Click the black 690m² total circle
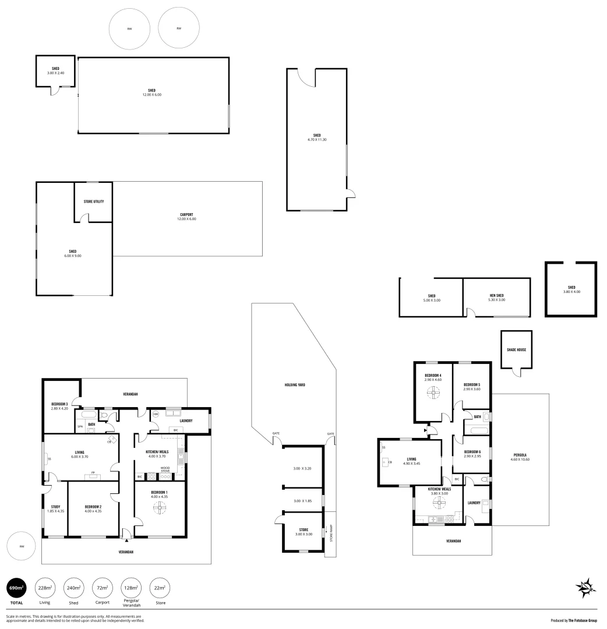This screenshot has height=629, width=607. (16, 588)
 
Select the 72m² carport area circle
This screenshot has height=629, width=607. (103, 588)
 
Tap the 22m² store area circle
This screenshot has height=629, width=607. (160, 588)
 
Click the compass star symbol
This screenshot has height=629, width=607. (585, 588)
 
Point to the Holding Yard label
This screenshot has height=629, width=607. (295, 385)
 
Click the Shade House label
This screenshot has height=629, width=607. (517, 349)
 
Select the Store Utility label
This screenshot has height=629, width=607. (94, 202)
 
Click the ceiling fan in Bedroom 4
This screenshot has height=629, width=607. (433, 394)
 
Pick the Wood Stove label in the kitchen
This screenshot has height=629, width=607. (165, 469)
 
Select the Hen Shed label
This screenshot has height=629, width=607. (497, 298)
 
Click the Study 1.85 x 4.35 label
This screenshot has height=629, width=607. (55, 508)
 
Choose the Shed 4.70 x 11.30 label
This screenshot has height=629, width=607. (317, 137)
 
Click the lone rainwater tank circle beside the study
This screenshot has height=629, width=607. (22, 546)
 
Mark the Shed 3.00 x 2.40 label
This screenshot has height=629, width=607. (55, 70)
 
